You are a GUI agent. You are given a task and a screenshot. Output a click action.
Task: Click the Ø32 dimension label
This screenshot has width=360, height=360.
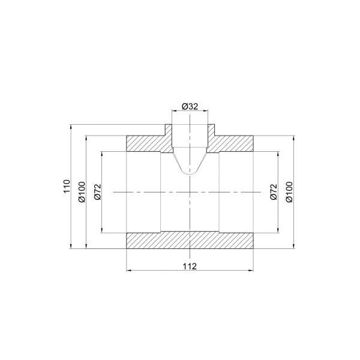tap(190, 106)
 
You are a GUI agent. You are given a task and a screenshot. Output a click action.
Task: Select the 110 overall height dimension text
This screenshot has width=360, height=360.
tap(67, 186)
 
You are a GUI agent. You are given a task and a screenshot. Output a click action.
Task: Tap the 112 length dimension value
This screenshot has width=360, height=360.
tap(190, 265)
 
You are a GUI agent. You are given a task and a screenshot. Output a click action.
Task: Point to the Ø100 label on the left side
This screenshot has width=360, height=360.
tap(82, 191)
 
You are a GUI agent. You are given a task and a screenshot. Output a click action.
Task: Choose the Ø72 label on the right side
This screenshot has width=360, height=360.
tap(274, 191)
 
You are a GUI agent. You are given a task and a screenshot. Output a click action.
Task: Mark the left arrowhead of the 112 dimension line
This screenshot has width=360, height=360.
tap(128, 271)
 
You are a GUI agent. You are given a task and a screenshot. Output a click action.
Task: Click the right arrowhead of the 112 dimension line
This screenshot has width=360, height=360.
tap(252, 271)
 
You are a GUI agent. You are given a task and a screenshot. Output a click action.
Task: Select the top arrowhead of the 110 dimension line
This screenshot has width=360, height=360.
tap(71, 127)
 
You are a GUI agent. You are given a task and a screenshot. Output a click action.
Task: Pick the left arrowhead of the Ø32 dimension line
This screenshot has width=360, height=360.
tap(174, 112)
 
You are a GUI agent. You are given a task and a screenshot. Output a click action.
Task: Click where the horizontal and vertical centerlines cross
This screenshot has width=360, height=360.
tap(190, 191)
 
